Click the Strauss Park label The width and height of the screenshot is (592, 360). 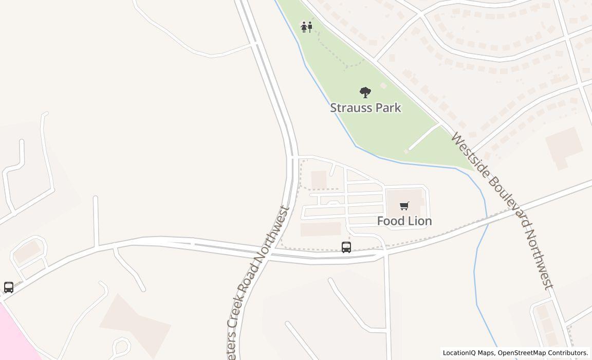(365, 108)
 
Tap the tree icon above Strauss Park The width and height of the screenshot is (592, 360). (365, 93)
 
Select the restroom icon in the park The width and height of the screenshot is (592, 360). (307, 27)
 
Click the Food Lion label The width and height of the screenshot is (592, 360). (404, 221)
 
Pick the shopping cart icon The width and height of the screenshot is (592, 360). (404, 206)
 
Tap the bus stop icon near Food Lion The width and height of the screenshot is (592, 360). (346, 247)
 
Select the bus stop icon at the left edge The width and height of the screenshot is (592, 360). (9, 287)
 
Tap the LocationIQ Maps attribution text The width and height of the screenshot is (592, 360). (468, 353)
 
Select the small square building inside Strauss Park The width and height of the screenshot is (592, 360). (383, 85)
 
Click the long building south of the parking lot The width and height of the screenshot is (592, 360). (321, 229)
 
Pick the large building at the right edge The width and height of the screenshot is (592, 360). (564, 147)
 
